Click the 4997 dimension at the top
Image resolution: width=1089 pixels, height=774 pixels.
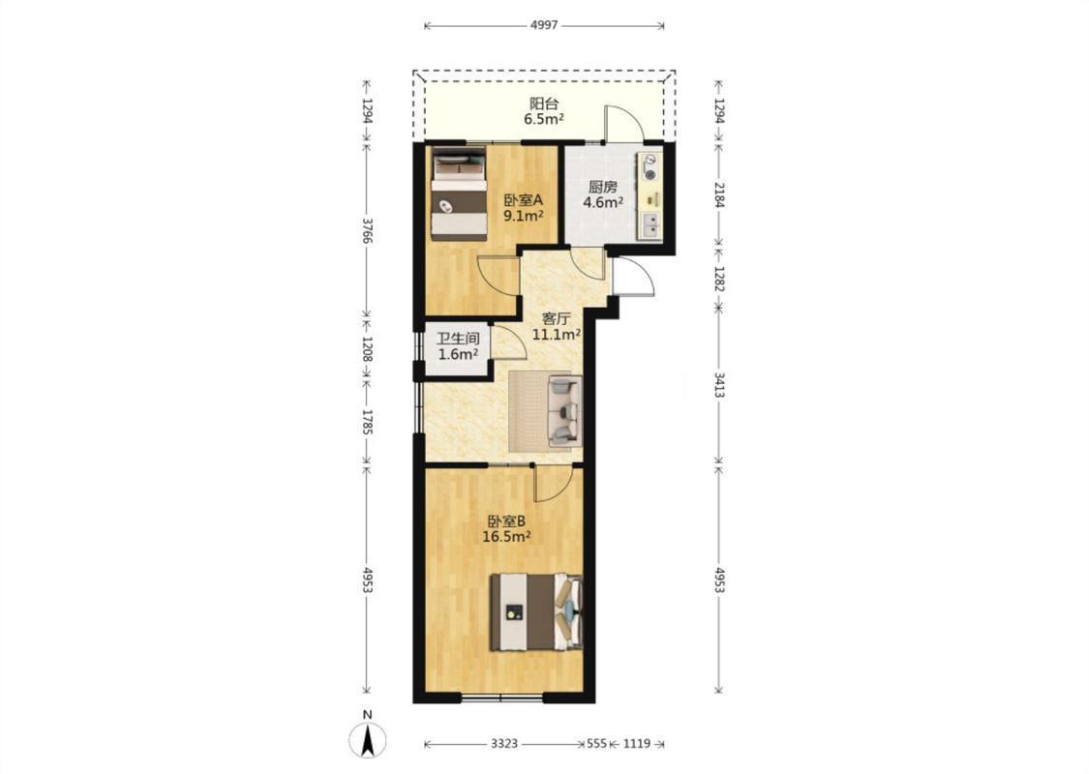544,26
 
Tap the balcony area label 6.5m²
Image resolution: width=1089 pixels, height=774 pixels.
544,119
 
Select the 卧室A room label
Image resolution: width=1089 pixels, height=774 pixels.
523,200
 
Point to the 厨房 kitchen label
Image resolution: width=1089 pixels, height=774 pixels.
602,187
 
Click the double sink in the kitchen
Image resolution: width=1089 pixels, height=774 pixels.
650,226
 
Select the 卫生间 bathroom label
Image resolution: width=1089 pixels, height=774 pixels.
458,339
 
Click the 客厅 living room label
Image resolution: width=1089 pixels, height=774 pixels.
557,319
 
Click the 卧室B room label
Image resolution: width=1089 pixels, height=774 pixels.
506,521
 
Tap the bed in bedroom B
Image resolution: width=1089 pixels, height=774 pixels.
536,611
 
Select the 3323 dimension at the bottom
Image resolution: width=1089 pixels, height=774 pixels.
504,743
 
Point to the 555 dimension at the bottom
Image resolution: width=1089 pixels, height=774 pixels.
596,743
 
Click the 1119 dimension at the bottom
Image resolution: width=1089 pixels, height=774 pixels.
636,743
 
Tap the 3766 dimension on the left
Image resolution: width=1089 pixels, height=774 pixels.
368,230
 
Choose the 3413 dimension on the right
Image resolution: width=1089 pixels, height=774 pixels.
719,384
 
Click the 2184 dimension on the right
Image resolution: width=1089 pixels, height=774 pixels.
719,195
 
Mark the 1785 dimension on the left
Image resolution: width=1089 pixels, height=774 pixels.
368,423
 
